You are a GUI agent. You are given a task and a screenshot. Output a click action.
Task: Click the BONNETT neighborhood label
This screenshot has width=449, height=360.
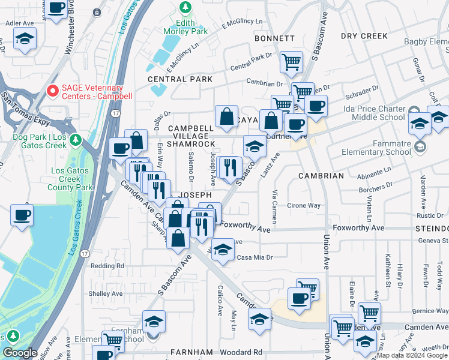[274, 38]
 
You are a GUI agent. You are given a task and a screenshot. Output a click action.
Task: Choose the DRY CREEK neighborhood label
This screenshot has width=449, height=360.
[364, 36]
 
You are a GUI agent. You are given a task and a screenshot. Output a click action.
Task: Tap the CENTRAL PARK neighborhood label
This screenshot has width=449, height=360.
[180, 79]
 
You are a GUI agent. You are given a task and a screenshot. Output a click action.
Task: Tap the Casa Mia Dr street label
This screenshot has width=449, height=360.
[255, 257]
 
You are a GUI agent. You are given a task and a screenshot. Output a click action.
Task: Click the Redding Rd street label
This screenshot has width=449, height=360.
[107, 265]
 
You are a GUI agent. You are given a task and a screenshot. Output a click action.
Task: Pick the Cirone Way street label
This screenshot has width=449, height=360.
[305, 205]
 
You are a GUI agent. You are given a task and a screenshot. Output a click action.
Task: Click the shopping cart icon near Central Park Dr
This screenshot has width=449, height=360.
[291, 61]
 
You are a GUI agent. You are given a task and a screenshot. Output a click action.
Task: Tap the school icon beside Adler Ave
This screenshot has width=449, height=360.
[25, 40]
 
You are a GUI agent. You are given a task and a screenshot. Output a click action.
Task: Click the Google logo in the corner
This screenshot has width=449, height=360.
[20, 353]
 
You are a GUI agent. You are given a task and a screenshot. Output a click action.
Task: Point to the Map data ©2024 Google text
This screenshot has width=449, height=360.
[411, 355]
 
